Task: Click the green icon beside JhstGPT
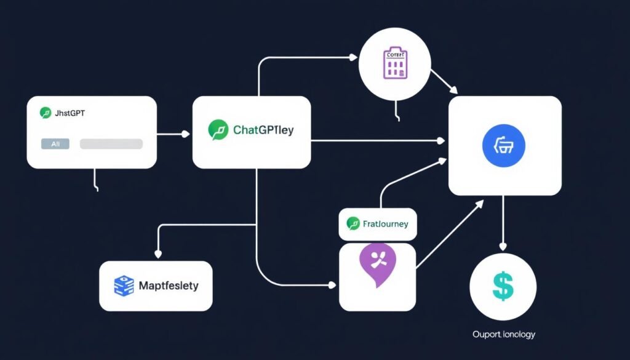pyautogui.click(x=45, y=113)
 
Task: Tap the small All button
pyautogui.click(x=55, y=143)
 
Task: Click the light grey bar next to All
pyautogui.click(x=111, y=143)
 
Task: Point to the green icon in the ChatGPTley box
pyautogui.click(x=218, y=130)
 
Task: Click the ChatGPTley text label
pyautogui.click(x=263, y=130)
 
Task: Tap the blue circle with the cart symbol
pyautogui.click(x=504, y=145)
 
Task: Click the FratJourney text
pyautogui.click(x=385, y=224)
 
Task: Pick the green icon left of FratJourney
pyautogui.click(x=353, y=223)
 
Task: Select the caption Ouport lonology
pyautogui.click(x=503, y=334)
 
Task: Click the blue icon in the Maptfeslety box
pyautogui.click(x=124, y=286)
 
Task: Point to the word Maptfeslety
pyautogui.click(x=169, y=286)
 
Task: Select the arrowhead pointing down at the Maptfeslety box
pyautogui.click(x=159, y=254)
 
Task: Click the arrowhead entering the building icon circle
pyautogui.click(x=353, y=58)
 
